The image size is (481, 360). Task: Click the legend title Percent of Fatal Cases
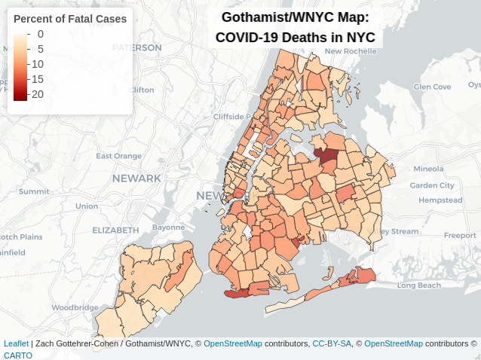[x=70, y=19]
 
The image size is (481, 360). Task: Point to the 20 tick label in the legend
[x=37, y=94]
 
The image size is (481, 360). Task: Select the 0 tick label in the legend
[x=40, y=34]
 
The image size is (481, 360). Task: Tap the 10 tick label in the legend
[x=37, y=64]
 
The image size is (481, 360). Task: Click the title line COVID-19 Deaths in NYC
[x=296, y=37]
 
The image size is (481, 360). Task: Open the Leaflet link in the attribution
[x=16, y=343]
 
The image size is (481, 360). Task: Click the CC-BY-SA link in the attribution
[x=332, y=343]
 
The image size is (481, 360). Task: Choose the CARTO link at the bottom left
[x=18, y=355]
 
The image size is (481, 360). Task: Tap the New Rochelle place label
[x=350, y=51]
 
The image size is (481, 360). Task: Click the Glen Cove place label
[x=432, y=87]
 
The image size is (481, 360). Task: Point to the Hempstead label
[x=440, y=200]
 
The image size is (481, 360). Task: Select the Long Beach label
[x=418, y=285]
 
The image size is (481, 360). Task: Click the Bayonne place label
[x=168, y=227]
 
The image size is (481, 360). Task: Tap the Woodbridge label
[x=75, y=307]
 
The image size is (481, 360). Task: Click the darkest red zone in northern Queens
[x=326, y=157]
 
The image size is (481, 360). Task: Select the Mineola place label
[x=428, y=168]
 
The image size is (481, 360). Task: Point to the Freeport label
[x=460, y=235]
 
